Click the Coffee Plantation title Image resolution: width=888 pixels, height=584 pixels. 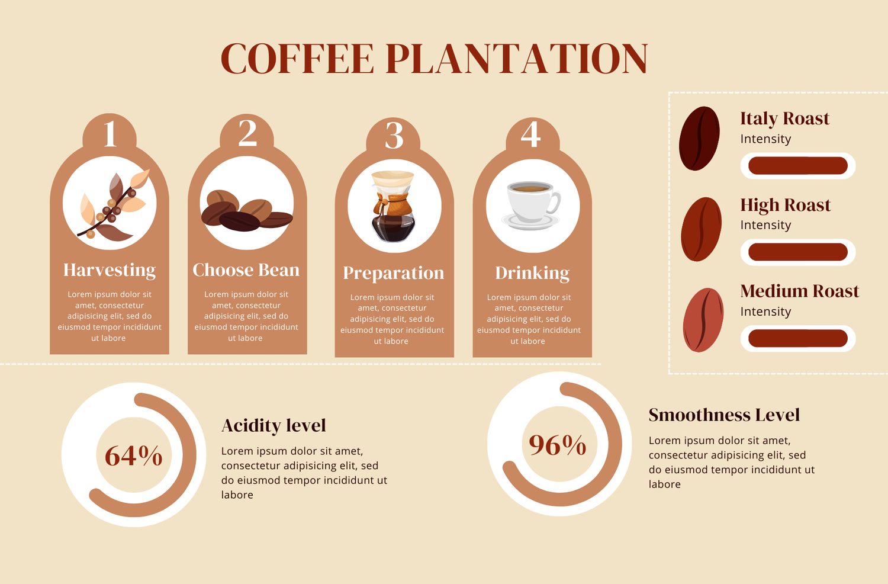(x=434, y=59)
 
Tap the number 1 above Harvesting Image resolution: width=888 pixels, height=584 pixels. (x=110, y=134)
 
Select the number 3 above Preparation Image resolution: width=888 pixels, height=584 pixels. (x=394, y=135)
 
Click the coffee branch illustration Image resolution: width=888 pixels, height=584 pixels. (x=114, y=205)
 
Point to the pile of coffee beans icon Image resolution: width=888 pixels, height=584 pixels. (x=247, y=210)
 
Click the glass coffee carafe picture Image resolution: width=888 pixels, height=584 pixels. (x=393, y=206)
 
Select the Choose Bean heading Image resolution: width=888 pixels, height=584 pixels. (x=246, y=269)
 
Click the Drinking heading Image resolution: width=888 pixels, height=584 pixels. (x=532, y=274)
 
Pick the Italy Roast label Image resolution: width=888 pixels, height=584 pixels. (x=785, y=118)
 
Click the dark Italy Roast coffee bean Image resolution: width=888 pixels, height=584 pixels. (x=699, y=138)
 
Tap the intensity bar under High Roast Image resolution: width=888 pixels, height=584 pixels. (x=798, y=252)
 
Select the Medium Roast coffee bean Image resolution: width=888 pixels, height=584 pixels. (x=703, y=320)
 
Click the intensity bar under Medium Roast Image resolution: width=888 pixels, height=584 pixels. (x=798, y=338)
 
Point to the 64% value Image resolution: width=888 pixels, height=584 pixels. (x=134, y=455)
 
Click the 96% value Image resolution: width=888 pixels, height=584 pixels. (x=558, y=445)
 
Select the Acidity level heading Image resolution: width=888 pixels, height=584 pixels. (x=274, y=425)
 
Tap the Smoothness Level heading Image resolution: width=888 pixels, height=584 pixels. (x=724, y=415)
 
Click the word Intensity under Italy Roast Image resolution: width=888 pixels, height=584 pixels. (x=765, y=139)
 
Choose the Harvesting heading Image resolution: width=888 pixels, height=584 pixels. (x=110, y=270)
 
